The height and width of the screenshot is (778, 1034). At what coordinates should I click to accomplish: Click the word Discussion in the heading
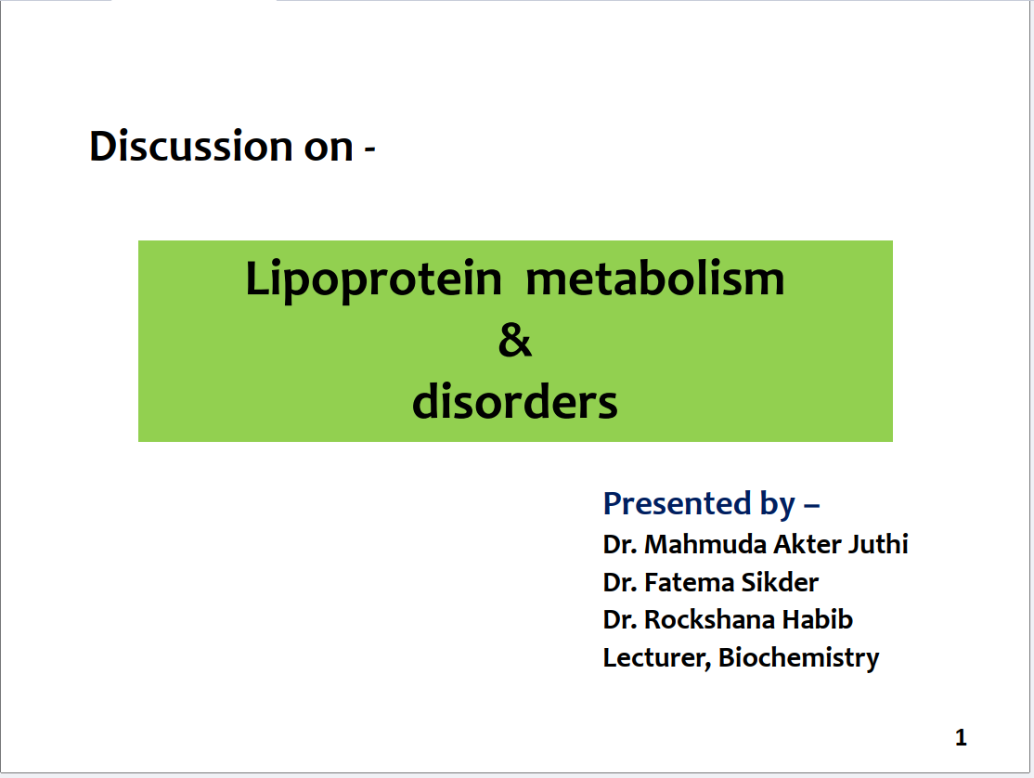(x=191, y=146)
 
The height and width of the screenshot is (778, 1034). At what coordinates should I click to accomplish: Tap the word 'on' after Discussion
(x=329, y=149)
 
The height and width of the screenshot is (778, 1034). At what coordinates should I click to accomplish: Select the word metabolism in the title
(x=654, y=279)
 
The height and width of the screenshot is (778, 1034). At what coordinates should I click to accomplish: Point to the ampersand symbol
(x=515, y=341)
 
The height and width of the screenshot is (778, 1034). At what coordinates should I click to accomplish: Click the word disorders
(x=515, y=401)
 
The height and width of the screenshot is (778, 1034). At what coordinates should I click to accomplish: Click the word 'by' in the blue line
(x=778, y=506)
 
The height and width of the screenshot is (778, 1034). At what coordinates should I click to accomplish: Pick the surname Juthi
(x=878, y=545)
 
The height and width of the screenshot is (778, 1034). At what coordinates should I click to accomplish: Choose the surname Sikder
(x=780, y=583)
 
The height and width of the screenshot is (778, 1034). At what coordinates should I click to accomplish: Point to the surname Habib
(x=818, y=620)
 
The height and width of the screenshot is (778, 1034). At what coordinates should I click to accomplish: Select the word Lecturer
(x=657, y=658)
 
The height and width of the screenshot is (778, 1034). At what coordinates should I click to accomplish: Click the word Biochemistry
(x=798, y=658)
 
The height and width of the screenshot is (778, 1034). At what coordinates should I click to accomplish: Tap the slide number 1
(x=961, y=737)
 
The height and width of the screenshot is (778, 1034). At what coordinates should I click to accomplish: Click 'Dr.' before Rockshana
(x=620, y=620)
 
